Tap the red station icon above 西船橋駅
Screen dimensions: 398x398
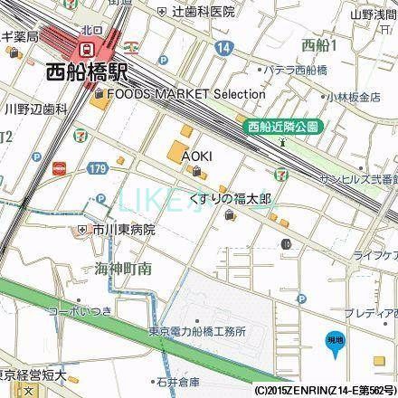pyautogui.click(x=87, y=47)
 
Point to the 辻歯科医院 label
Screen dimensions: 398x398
pyautogui.click(x=201, y=12)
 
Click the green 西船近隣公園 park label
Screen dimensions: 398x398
pyautogui.click(x=281, y=127)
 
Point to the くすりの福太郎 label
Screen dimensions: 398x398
pyautogui.click(x=230, y=196)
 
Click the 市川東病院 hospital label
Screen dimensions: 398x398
pyautogui.click(x=123, y=230)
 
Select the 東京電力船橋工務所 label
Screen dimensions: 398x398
pyautogui.click(x=198, y=331)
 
